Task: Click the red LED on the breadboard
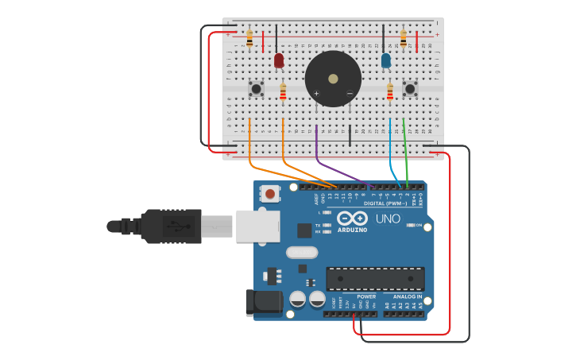click(279, 60)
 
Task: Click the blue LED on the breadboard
click(386, 60)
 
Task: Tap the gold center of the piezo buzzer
click(333, 79)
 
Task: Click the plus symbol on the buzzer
click(316, 94)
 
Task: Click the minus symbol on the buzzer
click(350, 94)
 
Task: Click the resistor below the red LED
click(283, 93)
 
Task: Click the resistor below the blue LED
click(390, 93)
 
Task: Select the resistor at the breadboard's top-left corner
click(249, 37)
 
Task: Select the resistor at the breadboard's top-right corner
click(404, 37)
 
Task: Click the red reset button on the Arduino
click(271, 193)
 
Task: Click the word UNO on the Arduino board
click(388, 219)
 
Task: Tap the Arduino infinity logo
click(351, 218)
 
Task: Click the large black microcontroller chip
click(375, 279)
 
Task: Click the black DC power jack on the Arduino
click(263, 303)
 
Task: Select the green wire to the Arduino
click(406, 155)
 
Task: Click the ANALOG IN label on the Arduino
click(408, 296)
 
